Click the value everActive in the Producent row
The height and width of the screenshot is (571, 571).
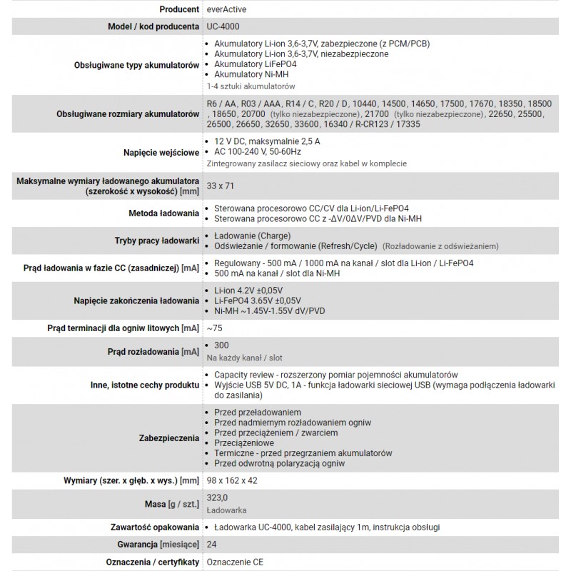click(x=228, y=9)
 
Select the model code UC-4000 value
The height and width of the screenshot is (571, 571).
click(x=223, y=26)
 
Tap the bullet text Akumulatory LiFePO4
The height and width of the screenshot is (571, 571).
click(x=256, y=64)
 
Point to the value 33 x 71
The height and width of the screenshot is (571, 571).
click(x=219, y=186)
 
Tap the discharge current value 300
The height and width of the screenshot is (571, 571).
click(x=221, y=345)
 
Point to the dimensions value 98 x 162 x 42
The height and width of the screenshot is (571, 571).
click(x=231, y=480)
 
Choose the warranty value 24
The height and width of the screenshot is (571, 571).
click(x=211, y=545)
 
